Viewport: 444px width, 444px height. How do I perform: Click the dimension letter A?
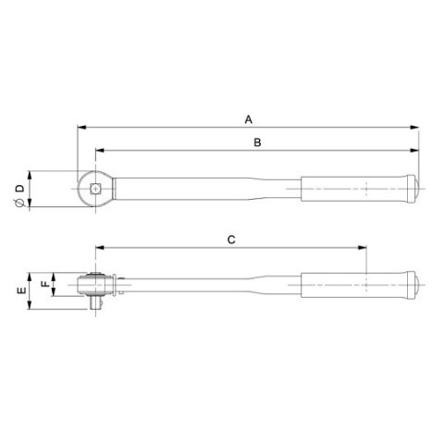point(247,119)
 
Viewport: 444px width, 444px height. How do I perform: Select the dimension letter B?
point(258,142)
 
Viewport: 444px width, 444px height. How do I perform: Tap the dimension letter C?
point(232,240)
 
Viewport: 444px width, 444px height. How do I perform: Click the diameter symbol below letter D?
point(18,197)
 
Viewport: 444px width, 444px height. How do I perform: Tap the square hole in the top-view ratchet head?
point(95,188)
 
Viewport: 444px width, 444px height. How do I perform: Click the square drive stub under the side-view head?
point(93,301)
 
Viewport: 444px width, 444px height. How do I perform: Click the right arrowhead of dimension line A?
point(415,129)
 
